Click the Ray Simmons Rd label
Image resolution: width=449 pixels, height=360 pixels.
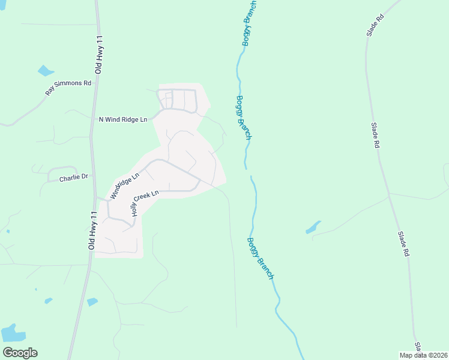[68, 88]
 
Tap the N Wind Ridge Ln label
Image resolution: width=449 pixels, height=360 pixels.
[122, 120]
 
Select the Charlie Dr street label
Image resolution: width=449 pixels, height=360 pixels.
[73, 178]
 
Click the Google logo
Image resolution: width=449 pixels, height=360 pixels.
[20, 353]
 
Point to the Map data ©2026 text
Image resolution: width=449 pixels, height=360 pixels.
[423, 355]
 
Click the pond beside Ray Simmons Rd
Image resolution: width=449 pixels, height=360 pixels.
[45, 71]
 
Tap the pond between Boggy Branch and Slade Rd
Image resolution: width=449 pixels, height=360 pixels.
[313, 227]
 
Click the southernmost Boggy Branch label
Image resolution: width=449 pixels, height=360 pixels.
[260, 259]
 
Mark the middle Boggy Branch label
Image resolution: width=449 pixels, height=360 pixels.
[243, 118]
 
